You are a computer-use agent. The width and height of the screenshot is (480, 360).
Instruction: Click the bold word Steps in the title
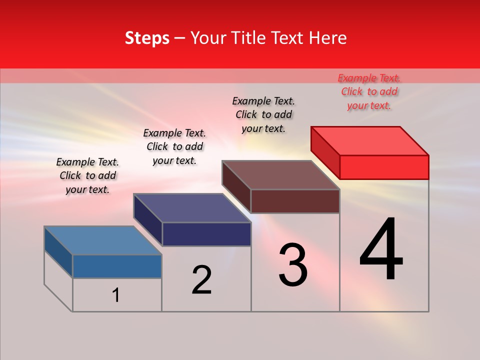coord(147,38)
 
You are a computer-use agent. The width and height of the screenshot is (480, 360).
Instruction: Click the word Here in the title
coord(327,38)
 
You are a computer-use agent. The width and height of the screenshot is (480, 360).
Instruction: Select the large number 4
coord(381,250)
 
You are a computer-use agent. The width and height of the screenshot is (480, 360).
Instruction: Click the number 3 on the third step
coord(293,265)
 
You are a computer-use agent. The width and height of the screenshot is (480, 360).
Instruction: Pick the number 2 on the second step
coord(202,280)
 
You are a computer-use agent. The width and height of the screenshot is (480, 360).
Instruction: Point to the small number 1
coord(116,295)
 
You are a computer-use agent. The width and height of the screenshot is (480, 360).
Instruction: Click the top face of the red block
coord(369,140)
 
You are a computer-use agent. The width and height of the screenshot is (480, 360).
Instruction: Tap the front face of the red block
coord(384,167)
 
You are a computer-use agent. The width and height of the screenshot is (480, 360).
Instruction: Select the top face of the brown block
coord(280,175)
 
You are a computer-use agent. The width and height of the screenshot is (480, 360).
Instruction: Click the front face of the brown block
coord(295,201)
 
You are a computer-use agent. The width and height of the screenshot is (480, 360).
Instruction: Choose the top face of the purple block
coord(192,208)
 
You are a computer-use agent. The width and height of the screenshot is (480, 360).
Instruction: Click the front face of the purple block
coord(206,234)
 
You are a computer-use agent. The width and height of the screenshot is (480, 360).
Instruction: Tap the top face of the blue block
coord(103,240)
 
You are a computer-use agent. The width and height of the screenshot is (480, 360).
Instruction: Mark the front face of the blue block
coord(117,266)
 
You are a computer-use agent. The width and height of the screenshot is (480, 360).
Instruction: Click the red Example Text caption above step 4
coord(369,91)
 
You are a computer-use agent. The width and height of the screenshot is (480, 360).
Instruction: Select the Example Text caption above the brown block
coord(263,114)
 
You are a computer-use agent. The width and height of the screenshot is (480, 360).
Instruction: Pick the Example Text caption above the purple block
coord(174,146)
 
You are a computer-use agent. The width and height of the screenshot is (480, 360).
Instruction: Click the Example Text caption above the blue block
coord(87,175)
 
